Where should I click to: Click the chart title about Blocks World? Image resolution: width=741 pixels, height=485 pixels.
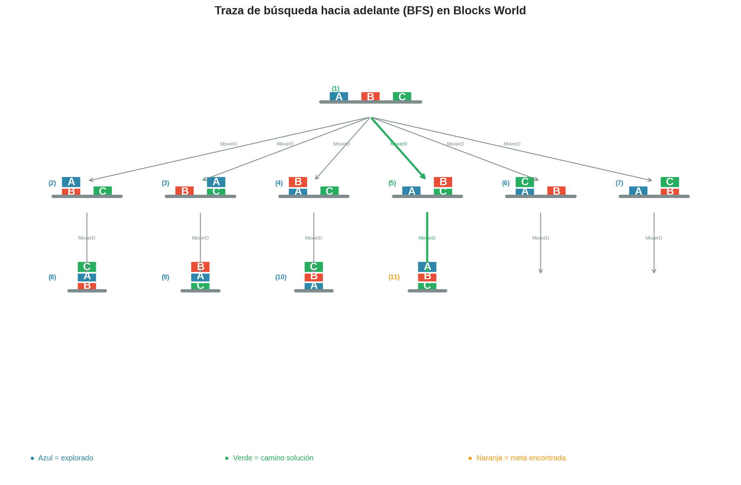pyautogui.click(x=370, y=11)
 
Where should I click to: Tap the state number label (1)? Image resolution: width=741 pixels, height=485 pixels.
pyautogui.click(x=336, y=89)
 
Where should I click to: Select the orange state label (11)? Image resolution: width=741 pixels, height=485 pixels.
pyautogui.click(x=394, y=277)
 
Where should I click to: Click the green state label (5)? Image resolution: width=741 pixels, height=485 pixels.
pyautogui.click(x=392, y=183)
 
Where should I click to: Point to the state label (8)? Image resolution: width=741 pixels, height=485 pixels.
pyautogui.click(x=52, y=277)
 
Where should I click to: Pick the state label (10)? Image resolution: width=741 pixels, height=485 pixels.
pyautogui.click(x=281, y=277)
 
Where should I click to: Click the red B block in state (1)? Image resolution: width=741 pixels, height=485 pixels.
pyautogui.click(x=370, y=97)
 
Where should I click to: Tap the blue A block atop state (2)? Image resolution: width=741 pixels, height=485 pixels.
pyautogui.click(x=71, y=182)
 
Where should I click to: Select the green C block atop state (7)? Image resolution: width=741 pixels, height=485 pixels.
pyautogui.click(x=670, y=182)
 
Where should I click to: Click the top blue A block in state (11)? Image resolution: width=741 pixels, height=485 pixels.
pyautogui.click(x=427, y=267)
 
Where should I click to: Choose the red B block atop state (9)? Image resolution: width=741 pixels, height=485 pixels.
pyautogui.click(x=200, y=267)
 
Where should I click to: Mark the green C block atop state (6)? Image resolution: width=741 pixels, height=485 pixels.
pyautogui.click(x=525, y=182)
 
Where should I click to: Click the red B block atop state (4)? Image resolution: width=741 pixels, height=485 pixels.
pyautogui.click(x=298, y=182)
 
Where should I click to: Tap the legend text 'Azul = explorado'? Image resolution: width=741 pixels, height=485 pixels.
pyautogui.click(x=65, y=458)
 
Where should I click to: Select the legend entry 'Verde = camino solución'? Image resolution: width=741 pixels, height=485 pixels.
pyautogui.click(x=273, y=458)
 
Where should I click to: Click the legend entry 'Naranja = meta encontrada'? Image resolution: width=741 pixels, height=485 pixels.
pyautogui.click(x=521, y=458)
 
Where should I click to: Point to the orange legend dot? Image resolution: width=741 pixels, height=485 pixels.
pyautogui.click(x=470, y=458)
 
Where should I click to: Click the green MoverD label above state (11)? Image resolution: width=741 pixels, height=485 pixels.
pyautogui.click(x=427, y=238)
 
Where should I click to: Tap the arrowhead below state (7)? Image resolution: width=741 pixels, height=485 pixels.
pyautogui.click(x=654, y=272)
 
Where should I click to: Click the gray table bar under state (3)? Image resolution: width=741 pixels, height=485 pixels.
pyautogui.click(x=200, y=196)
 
